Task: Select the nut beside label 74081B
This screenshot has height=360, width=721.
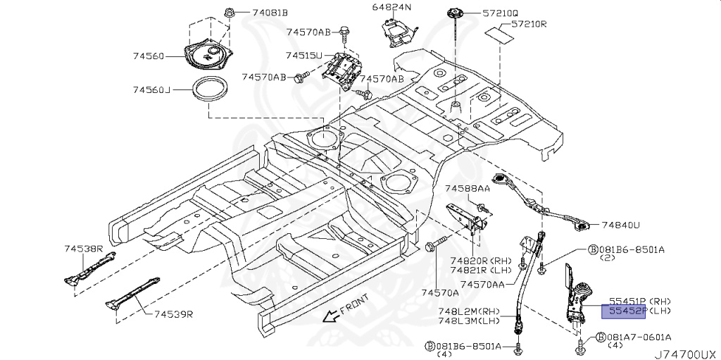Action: click(231, 12)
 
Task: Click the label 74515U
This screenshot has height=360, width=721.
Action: click(303, 55)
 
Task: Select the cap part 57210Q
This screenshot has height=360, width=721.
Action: click(453, 13)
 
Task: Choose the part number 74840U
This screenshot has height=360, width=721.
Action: click(620, 225)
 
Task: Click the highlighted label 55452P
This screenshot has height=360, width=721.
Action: click(623, 310)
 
